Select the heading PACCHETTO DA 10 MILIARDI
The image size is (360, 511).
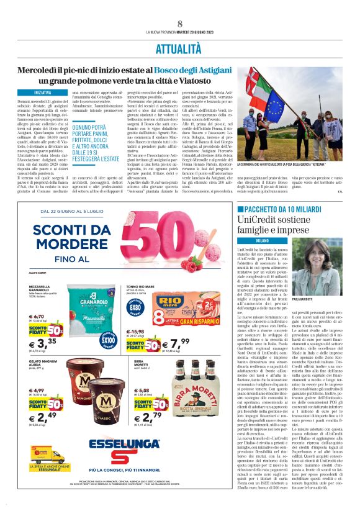point(289,210)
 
